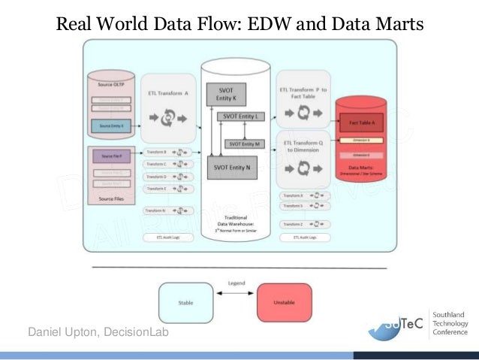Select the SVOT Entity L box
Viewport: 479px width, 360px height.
(x=239, y=116)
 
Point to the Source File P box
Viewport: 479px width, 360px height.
(x=112, y=156)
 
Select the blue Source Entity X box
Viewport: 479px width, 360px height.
(x=112, y=125)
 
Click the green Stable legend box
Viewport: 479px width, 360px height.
(x=185, y=303)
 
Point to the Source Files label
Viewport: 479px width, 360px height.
(x=112, y=199)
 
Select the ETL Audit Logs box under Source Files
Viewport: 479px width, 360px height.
(x=166, y=237)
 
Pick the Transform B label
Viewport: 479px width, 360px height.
(x=156, y=152)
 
